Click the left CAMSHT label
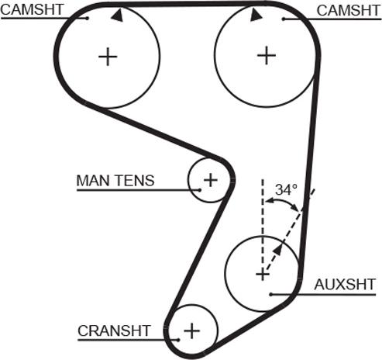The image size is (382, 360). click(32, 10)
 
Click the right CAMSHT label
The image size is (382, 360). click(349, 11)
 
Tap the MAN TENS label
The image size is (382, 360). click(115, 180)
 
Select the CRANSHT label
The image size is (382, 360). click(114, 331)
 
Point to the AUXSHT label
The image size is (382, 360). click(345, 285)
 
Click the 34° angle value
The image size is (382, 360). click(286, 189)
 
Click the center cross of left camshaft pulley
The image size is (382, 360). click(108, 57)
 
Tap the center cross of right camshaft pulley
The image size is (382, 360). click(267, 55)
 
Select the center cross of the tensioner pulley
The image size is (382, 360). click(211, 180)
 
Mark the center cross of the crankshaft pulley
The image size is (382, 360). click(191, 331)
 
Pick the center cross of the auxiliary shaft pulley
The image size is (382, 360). click(263, 275)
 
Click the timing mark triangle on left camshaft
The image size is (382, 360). click(118, 16)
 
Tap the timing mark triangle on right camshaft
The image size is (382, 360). click(256, 15)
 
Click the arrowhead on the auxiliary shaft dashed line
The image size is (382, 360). click(277, 250)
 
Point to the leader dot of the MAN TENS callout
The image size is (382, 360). click(199, 190)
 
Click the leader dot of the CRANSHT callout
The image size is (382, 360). click(178, 340)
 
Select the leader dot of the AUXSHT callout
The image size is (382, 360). click(271, 294)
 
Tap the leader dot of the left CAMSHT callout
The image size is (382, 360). click(88, 18)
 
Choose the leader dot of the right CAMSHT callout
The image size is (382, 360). click(284, 19)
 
